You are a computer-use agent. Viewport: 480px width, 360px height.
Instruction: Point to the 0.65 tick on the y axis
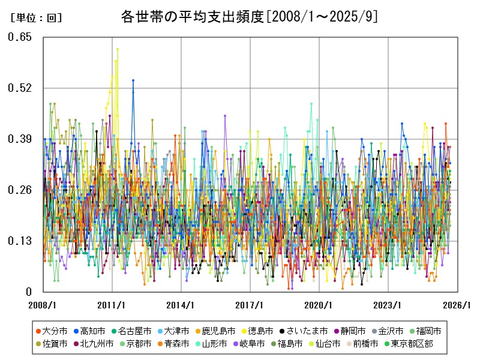tap(19, 37)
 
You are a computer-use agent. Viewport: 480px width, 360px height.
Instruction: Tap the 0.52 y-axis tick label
tap(19, 88)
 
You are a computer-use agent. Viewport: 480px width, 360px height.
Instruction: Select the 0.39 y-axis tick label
tap(19, 139)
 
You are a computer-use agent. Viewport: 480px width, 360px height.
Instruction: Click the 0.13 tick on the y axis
tap(19, 241)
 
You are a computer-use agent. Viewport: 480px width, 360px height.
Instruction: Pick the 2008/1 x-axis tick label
tap(43, 305)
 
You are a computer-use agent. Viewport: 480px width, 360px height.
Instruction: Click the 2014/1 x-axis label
tap(181, 305)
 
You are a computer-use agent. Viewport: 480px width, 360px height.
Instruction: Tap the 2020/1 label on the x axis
tap(319, 305)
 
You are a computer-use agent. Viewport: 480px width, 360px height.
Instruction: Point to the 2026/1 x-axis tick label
tap(457, 305)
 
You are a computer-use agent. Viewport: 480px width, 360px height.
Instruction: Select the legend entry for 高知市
tap(92, 331)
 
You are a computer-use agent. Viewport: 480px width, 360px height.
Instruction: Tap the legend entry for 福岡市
tap(428, 331)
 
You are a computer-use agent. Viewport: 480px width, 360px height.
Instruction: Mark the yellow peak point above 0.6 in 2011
tap(118, 49)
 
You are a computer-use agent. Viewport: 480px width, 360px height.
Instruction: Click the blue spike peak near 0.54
tap(133, 80)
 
